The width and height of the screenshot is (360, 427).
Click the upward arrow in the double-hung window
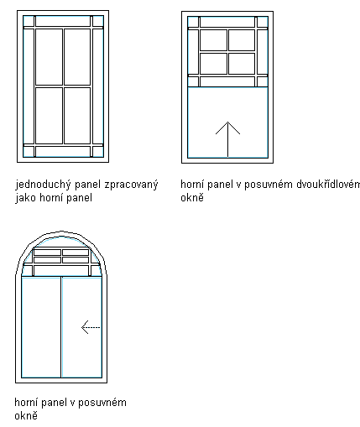coord(227,139)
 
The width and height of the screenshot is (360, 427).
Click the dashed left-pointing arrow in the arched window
coord(91,327)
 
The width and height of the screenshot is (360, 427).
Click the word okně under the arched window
coord(26,415)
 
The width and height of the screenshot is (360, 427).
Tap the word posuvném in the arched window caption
coord(102,403)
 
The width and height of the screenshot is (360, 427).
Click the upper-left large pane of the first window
coord(49,57)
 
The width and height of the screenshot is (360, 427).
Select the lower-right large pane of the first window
coord(77,116)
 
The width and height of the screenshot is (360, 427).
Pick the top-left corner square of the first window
coord(29,21)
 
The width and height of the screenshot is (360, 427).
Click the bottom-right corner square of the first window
coord(98,152)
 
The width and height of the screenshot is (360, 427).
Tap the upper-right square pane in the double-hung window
coord(242,40)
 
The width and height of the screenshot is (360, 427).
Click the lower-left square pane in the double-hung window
coord(213,64)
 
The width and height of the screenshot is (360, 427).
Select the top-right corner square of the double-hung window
coord(263,22)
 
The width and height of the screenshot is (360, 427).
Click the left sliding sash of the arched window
coord(41,327)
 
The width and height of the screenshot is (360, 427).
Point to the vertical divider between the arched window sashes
coord(61,327)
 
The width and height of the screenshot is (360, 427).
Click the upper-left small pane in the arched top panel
coord(47,253)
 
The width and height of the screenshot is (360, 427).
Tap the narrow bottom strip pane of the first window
coord(63,152)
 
